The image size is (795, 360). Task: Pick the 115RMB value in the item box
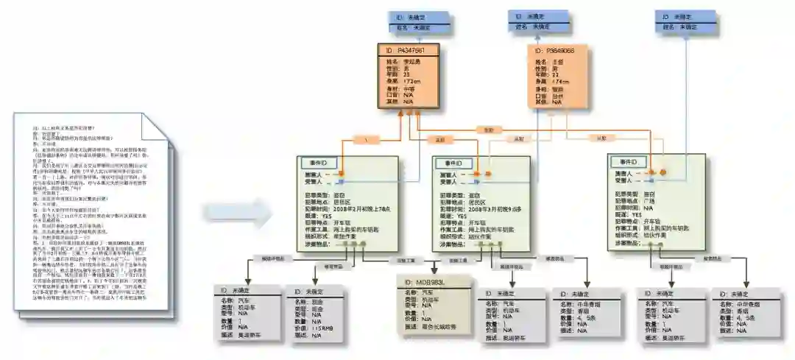(x=322, y=328)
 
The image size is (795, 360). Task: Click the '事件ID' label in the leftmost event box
(x=318, y=163)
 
